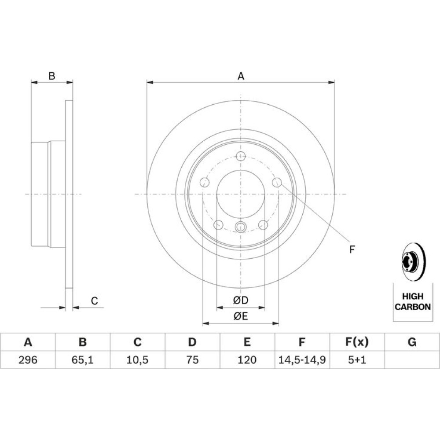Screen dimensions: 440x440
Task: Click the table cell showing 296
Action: [x=28, y=360]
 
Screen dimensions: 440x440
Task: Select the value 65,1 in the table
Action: [x=83, y=360]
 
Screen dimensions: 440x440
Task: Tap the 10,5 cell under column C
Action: [x=137, y=360]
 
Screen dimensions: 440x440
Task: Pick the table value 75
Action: [x=192, y=360]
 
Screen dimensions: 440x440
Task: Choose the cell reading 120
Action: [x=247, y=360]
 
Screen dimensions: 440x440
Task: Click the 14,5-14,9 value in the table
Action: [x=302, y=360]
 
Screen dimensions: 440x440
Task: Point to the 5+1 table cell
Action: [x=357, y=360]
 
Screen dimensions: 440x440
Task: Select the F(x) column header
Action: [x=357, y=342]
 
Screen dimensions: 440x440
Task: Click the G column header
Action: [x=412, y=342]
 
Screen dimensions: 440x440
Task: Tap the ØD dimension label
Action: [x=241, y=300]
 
